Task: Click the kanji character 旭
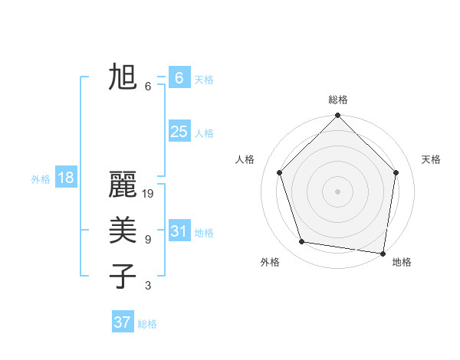pos(123,77)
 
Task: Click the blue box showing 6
pos(179,78)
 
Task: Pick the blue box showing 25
pos(179,132)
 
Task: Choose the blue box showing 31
pos(179,231)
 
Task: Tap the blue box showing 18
pos(65,178)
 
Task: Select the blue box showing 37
pos(122,322)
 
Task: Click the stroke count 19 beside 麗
pos(149,194)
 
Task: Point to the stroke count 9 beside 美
pos(147,240)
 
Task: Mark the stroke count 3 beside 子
pos(147,286)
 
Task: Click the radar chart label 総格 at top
pos(338,100)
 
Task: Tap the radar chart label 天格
pos(431,159)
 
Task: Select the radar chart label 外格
pos(270,262)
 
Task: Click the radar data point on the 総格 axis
pos(337,116)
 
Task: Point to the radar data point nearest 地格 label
pos(383,253)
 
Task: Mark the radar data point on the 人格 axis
pos(280,172)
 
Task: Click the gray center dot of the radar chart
pos(337,191)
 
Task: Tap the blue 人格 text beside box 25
pos(204,133)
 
